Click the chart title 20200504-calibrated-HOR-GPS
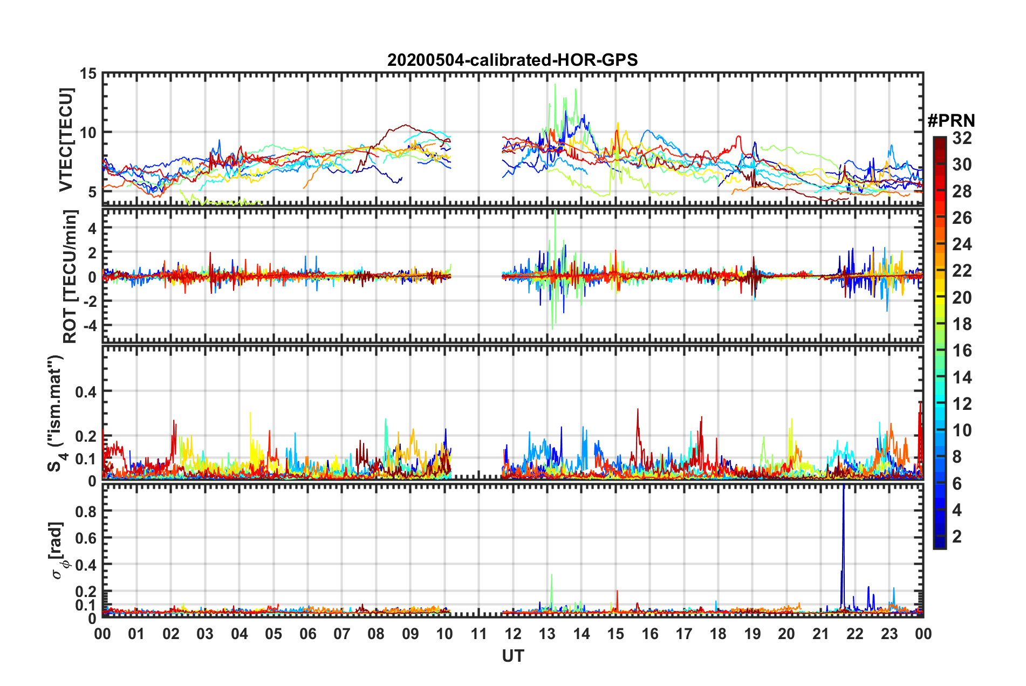click(x=512, y=60)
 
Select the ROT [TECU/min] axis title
click(x=70, y=276)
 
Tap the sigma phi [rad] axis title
click(x=58, y=550)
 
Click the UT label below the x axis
click(x=512, y=656)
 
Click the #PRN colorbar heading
click(x=951, y=121)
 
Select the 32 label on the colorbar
click(x=962, y=138)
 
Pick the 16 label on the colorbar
click(x=962, y=351)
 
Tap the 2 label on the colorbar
click(x=957, y=536)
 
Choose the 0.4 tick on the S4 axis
click(x=86, y=392)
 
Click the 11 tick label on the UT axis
click(x=478, y=634)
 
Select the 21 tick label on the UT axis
click(x=820, y=634)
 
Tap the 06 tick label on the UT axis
click(x=307, y=634)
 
